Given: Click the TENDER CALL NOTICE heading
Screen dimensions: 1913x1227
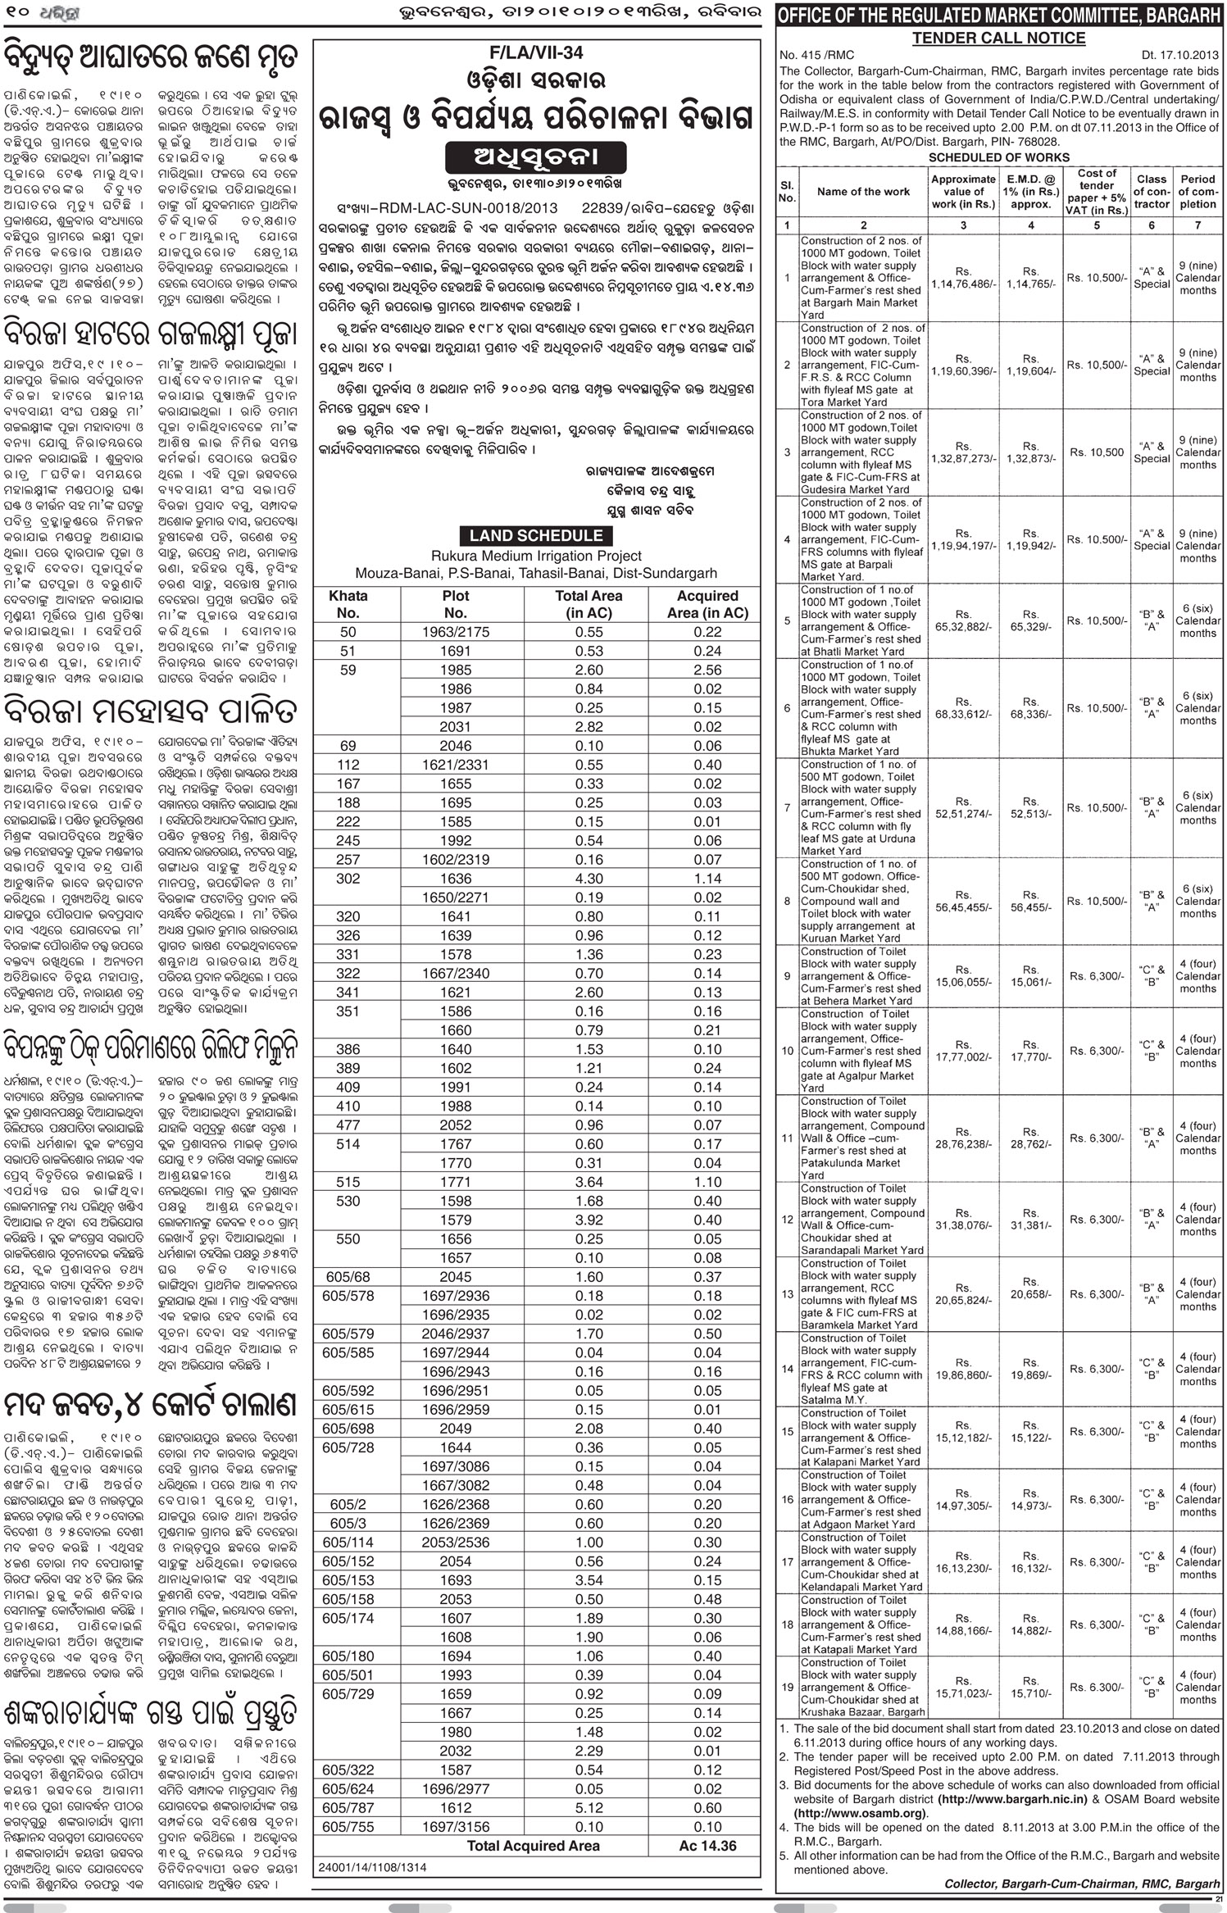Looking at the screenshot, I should coord(998,38).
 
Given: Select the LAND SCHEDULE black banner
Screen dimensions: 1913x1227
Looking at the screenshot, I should coord(536,535).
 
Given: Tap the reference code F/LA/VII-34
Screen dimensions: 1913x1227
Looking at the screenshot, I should coord(536,52).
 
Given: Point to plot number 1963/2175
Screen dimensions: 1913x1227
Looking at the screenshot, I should coord(455,632).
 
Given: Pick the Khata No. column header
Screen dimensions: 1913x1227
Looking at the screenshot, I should coord(348,604).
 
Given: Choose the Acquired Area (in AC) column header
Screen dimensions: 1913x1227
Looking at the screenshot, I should coord(707,604).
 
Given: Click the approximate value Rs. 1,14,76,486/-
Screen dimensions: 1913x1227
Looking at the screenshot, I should coord(963,278).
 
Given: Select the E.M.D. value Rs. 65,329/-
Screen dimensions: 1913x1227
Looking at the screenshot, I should coord(1030,620).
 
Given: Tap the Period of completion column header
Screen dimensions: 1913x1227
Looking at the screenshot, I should coord(1197,191).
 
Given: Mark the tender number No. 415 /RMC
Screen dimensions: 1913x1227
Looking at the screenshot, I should coord(816,55).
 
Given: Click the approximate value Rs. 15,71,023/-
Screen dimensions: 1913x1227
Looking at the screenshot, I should coord(963,1688).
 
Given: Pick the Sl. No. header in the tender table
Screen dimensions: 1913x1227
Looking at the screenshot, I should coord(787,191).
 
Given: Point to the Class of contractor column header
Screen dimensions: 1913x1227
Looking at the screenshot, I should coord(1151,191).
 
